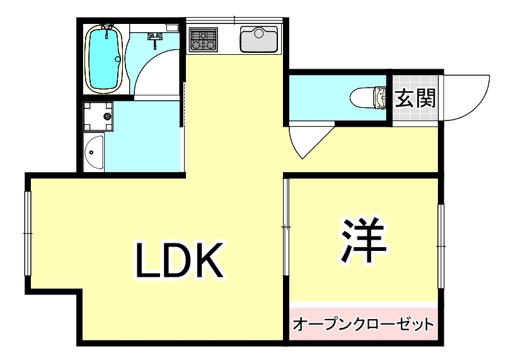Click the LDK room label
(179, 260)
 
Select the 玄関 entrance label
(416, 98)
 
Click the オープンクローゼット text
(363, 324)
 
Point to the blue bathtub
(104, 58)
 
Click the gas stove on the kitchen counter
(204, 39)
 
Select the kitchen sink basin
(259, 39)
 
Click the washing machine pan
(98, 116)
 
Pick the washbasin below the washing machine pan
(94, 152)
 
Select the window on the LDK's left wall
(28, 233)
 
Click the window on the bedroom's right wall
(441, 246)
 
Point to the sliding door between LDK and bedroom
(286, 227)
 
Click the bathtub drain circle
(118, 59)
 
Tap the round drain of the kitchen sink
(259, 33)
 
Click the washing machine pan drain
(107, 116)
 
